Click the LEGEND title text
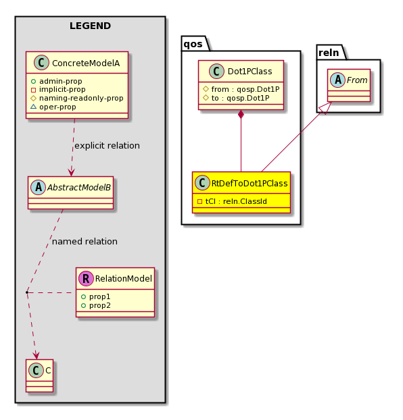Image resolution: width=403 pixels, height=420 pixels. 90,26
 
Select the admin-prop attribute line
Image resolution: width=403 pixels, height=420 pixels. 57,81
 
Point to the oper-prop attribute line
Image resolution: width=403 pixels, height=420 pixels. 53,107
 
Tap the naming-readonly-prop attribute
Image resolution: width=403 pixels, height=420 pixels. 77,99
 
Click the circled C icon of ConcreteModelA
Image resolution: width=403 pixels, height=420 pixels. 42,63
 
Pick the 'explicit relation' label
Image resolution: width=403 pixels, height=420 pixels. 107,146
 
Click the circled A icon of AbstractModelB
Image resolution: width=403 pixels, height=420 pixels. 38,187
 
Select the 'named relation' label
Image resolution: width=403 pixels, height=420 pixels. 85,242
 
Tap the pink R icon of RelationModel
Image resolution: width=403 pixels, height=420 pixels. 86,278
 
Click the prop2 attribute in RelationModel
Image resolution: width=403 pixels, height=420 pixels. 96,305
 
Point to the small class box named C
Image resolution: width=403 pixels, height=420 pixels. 40,375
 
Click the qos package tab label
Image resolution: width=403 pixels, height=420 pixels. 193,44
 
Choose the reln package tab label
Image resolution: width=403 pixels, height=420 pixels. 329,53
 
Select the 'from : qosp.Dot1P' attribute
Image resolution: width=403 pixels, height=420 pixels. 241,89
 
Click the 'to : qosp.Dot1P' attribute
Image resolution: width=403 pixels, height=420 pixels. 236,98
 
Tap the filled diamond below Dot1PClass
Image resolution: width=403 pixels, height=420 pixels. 241,114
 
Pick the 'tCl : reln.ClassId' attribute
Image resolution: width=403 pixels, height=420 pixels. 232,201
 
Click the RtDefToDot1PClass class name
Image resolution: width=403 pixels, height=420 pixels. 250,184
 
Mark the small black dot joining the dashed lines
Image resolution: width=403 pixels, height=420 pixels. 27,292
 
